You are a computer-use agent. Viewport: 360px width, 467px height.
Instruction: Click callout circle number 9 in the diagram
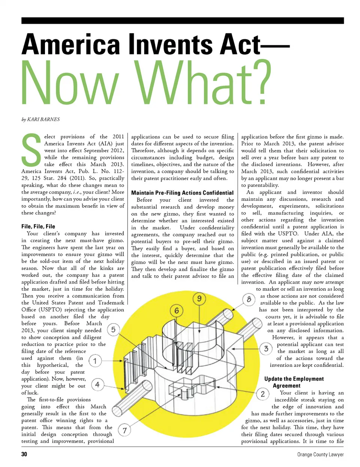[199, 299]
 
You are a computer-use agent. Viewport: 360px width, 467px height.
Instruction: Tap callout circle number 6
[177, 311]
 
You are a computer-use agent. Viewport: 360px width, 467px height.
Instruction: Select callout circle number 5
[113, 330]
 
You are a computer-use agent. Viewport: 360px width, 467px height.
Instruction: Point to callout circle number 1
[95, 361]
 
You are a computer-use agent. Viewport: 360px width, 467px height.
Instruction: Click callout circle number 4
[97, 384]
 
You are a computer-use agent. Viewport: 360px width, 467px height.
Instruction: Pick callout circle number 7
[124, 430]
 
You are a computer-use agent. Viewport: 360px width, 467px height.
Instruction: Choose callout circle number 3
[266, 349]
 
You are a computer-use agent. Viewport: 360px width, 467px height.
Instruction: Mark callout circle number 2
[262, 394]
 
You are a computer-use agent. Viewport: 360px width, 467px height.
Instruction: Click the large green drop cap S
[31, 151]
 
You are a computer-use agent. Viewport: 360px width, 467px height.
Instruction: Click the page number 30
[24, 454]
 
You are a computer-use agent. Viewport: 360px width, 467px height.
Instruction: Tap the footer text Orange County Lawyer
[320, 454]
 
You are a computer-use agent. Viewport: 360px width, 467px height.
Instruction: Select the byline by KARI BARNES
[40, 119]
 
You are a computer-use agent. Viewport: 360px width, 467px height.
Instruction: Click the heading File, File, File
[38, 226]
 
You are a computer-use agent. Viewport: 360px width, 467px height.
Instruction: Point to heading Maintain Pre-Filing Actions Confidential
[182, 193]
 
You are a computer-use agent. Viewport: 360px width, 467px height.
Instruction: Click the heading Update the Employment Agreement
[294, 382]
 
